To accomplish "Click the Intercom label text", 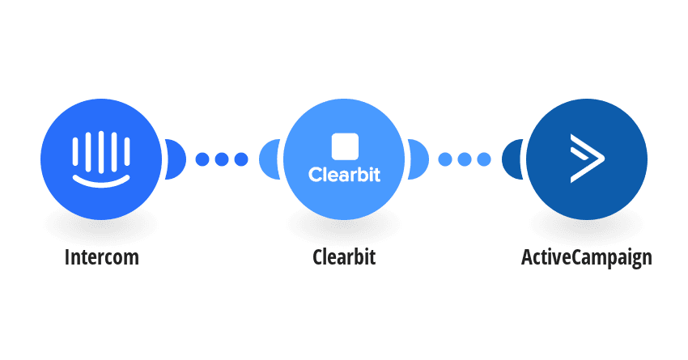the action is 102,257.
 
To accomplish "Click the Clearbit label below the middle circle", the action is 344,257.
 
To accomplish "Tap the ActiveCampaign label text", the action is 587,258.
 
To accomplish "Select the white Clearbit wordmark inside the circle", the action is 345,175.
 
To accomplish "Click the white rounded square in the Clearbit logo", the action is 345,146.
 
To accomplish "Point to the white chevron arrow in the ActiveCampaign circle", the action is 587,159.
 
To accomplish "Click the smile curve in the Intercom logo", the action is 101,181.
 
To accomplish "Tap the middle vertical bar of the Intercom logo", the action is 101,151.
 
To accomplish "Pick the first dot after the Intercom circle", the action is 202,159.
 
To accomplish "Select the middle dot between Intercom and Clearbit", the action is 222,159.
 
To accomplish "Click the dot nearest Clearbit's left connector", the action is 241,159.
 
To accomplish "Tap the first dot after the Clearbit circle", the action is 445,159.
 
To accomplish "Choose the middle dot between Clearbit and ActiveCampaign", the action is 465,159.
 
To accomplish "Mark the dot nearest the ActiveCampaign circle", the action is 484,159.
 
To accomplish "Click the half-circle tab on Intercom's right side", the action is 176,159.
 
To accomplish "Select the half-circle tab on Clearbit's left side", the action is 270,159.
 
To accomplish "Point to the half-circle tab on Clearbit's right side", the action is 418,159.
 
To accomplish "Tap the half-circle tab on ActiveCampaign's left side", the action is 512,159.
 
